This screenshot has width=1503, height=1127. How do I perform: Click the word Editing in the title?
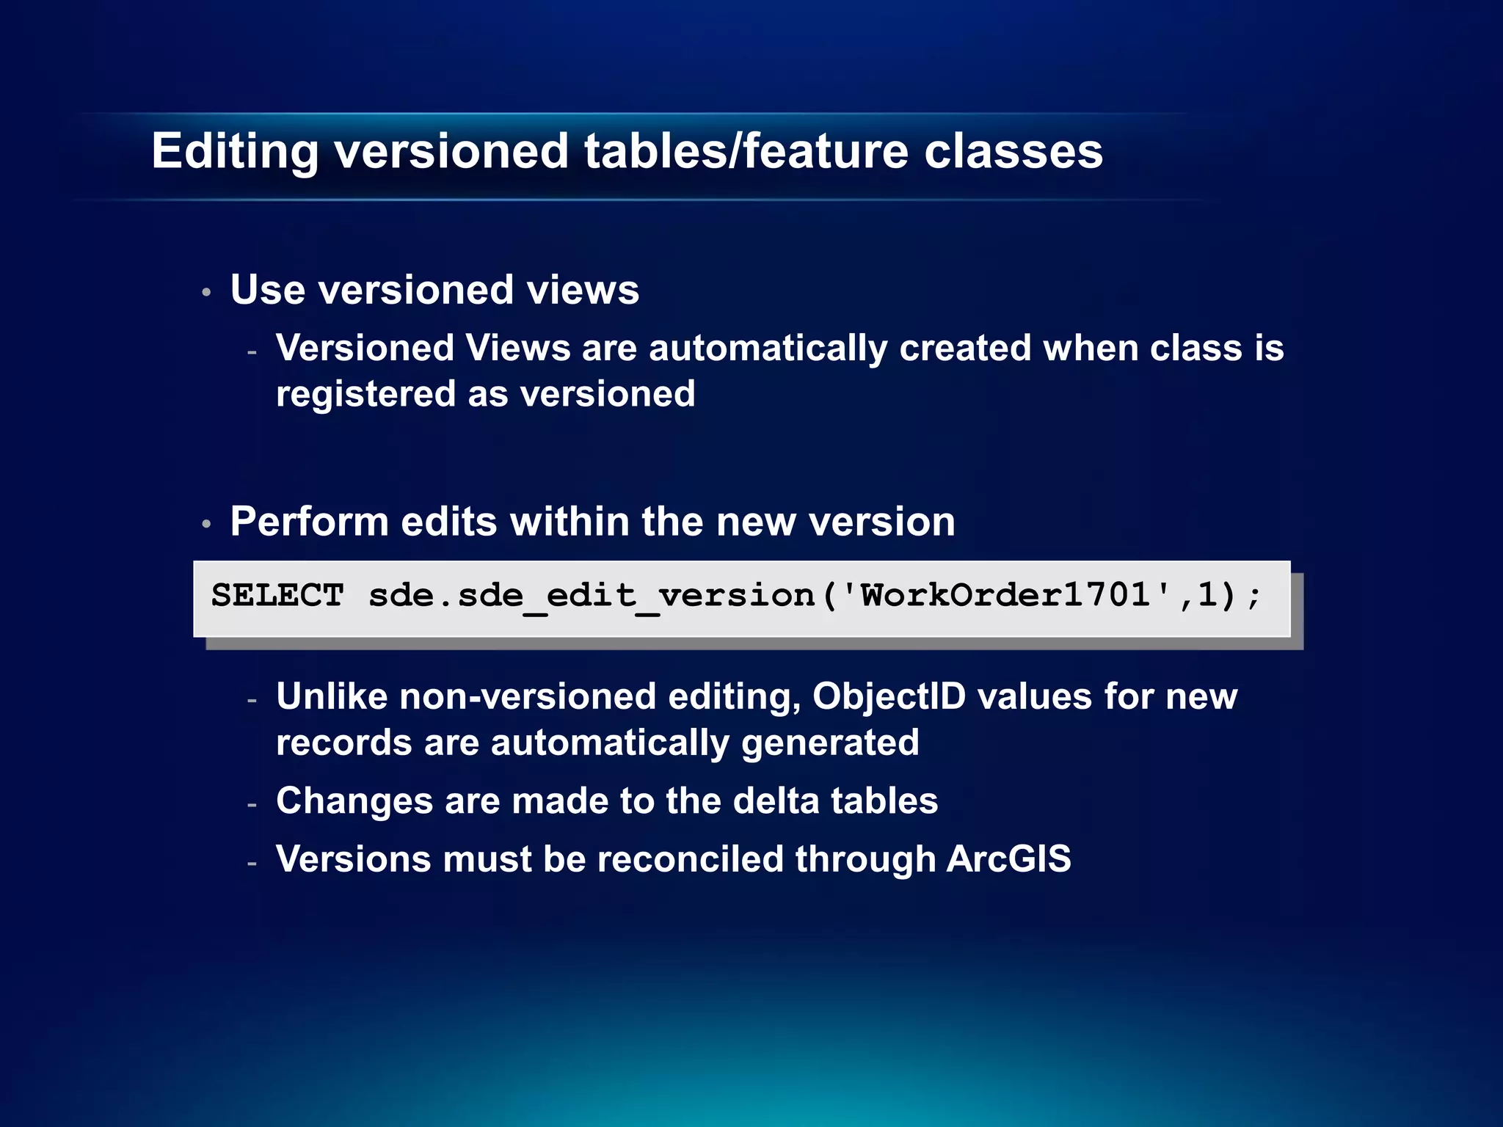tap(235, 152)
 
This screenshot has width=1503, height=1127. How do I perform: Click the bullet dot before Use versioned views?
tap(207, 293)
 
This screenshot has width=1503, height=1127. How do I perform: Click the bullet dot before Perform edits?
tap(207, 524)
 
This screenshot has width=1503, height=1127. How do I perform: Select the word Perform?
tap(309, 522)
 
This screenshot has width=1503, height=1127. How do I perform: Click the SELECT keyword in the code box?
tap(277, 595)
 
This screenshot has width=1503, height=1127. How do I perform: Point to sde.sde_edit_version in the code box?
tap(592, 595)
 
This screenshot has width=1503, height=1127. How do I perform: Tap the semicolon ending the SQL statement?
tap(1254, 595)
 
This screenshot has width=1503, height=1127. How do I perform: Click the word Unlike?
tap(332, 696)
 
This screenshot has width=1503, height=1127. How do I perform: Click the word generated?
tap(829, 743)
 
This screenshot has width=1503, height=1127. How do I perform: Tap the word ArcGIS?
tap(1008, 859)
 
